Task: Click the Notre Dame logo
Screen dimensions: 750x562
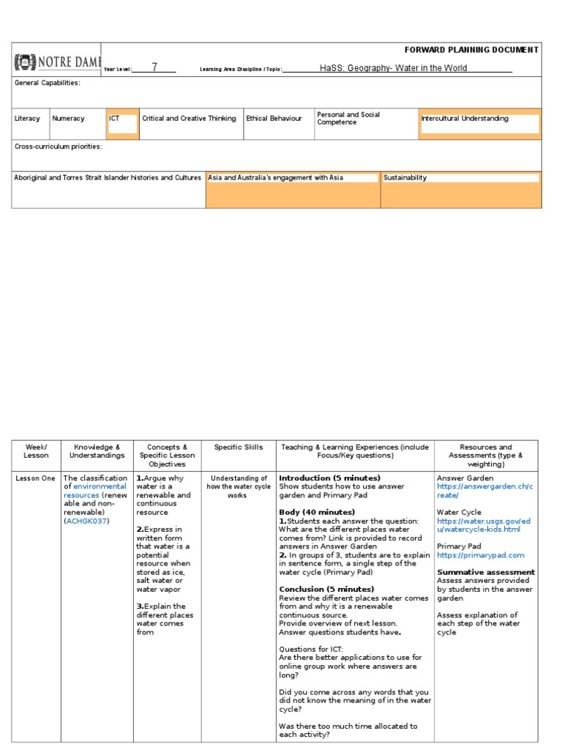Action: (x=57, y=62)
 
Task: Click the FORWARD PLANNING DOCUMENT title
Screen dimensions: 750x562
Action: (x=471, y=50)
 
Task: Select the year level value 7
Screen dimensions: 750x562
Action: (x=154, y=68)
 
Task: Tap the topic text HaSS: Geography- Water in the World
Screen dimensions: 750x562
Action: (x=393, y=68)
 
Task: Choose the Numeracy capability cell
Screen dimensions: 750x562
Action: (x=68, y=119)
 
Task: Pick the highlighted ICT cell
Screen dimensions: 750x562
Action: (x=121, y=123)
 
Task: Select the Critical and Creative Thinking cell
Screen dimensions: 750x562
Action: (x=189, y=119)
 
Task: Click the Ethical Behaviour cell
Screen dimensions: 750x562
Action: (x=274, y=119)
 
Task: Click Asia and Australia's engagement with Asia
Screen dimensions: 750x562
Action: (x=276, y=178)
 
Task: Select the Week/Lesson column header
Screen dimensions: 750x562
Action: (x=36, y=451)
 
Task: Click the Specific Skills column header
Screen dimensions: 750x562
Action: (x=238, y=447)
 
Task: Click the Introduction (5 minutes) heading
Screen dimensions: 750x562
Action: (x=329, y=478)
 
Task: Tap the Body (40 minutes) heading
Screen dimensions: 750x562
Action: (x=317, y=512)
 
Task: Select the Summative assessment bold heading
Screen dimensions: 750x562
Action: (x=486, y=572)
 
